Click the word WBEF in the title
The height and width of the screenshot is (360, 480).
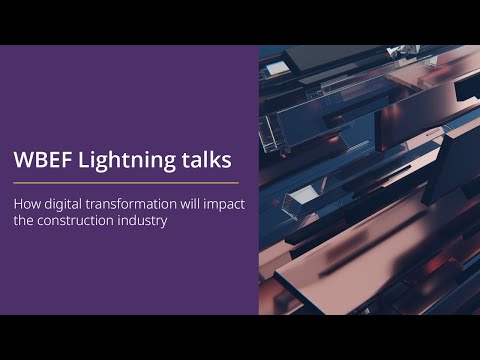coord(39,160)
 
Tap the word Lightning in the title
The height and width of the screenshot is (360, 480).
coord(113,161)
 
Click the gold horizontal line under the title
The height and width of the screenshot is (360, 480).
coord(126,183)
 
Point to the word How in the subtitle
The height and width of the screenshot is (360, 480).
coord(24,206)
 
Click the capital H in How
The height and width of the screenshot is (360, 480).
coord(18,206)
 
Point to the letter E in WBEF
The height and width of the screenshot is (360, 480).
coord(51,160)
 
